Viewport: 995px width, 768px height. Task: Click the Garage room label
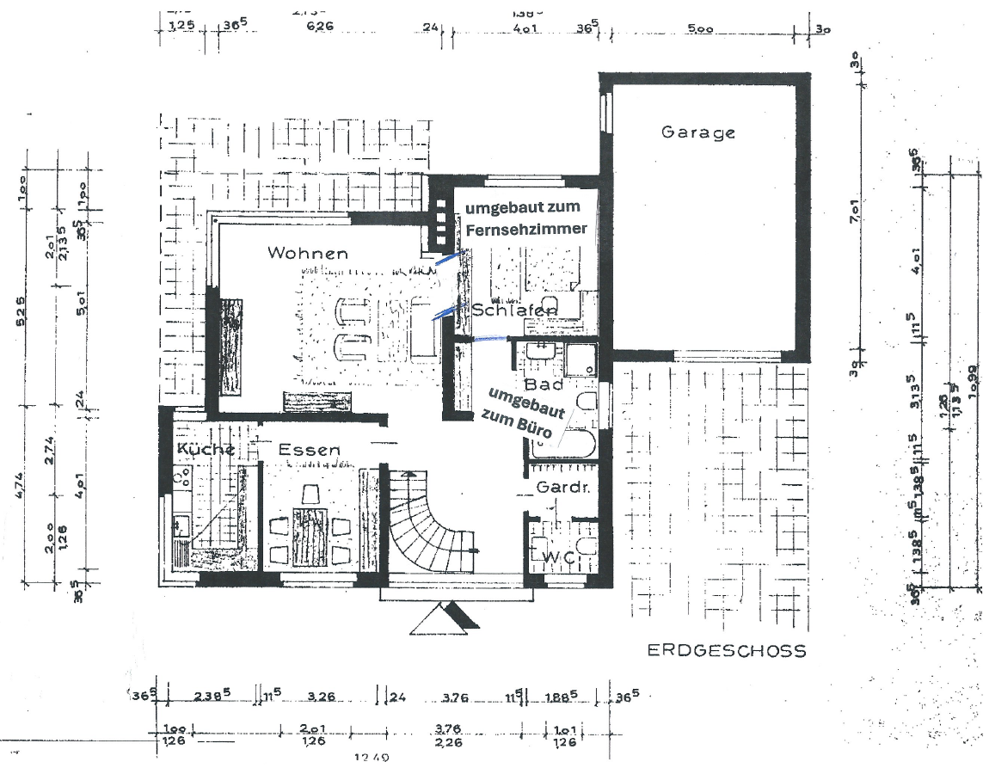pos(697,132)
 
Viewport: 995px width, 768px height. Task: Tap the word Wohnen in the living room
pos(307,253)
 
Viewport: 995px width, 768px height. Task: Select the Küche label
pos(206,449)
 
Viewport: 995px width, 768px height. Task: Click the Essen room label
pos(309,449)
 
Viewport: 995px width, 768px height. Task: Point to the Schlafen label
pos(514,310)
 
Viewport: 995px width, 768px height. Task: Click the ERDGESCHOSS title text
pos(727,651)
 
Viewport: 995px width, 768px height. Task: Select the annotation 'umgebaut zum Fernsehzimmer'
pos(525,218)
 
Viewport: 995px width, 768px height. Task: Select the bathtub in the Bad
pos(563,444)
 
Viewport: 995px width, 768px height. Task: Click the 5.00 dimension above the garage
pos(700,28)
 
